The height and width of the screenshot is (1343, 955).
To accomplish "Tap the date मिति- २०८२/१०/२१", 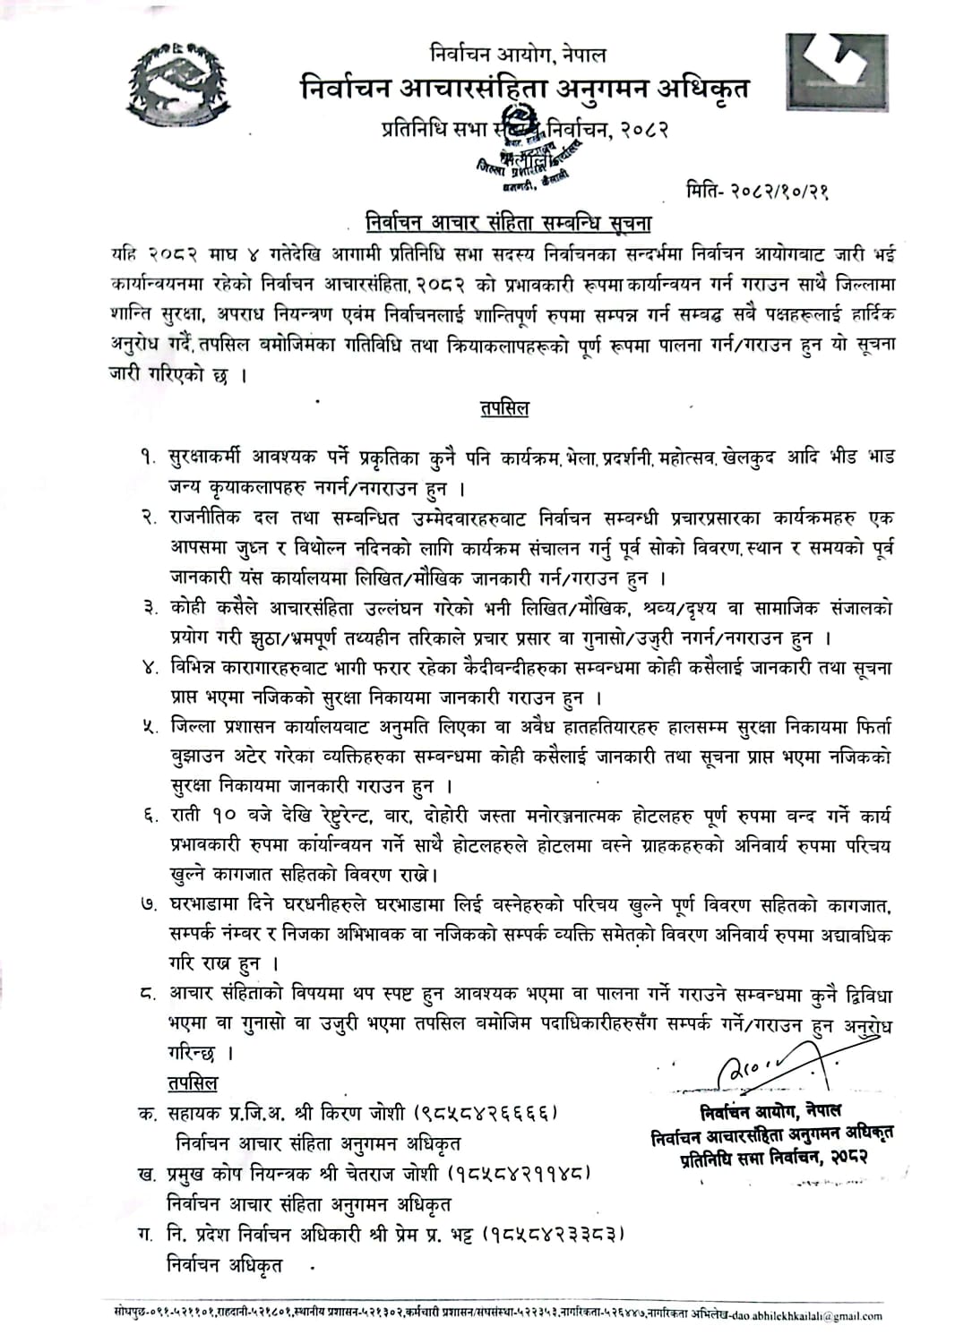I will (x=754, y=191).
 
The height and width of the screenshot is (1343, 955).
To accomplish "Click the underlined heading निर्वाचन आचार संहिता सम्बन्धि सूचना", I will (x=508, y=221).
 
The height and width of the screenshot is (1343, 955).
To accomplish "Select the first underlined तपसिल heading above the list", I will (x=504, y=408).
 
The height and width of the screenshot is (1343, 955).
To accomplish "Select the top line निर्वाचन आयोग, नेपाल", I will (x=517, y=55).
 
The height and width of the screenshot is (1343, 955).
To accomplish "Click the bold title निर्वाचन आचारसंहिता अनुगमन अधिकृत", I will (x=524, y=90).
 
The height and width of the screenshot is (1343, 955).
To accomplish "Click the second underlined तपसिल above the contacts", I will (x=192, y=1083).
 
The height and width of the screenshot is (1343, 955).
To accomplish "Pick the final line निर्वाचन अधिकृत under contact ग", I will (x=224, y=1265).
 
